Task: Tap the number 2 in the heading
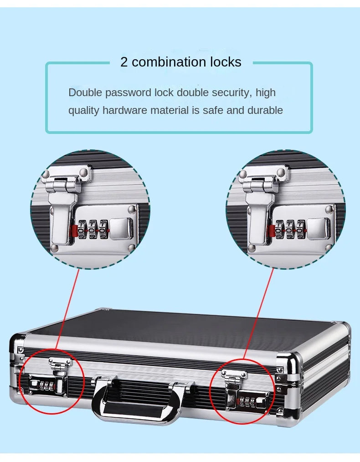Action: (x=124, y=62)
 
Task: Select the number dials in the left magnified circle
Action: (x=93, y=229)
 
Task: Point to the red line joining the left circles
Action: (x=68, y=310)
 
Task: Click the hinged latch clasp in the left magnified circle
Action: (x=64, y=191)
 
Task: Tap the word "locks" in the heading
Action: (x=226, y=62)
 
